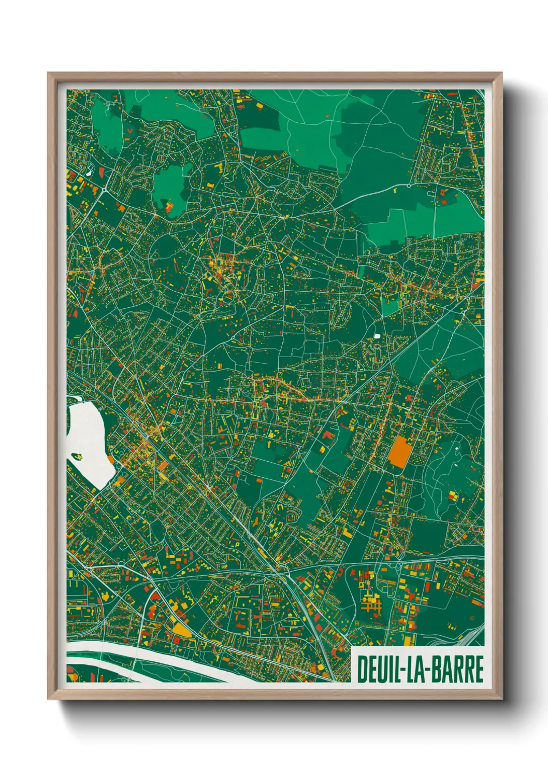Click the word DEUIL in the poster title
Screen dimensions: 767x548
click(375, 669)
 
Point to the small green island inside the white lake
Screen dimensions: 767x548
click(77, 457)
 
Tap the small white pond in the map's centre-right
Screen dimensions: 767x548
click(377, 336)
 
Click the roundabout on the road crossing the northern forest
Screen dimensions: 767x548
click(409, 185)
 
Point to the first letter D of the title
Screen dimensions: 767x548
click(362, 669)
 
